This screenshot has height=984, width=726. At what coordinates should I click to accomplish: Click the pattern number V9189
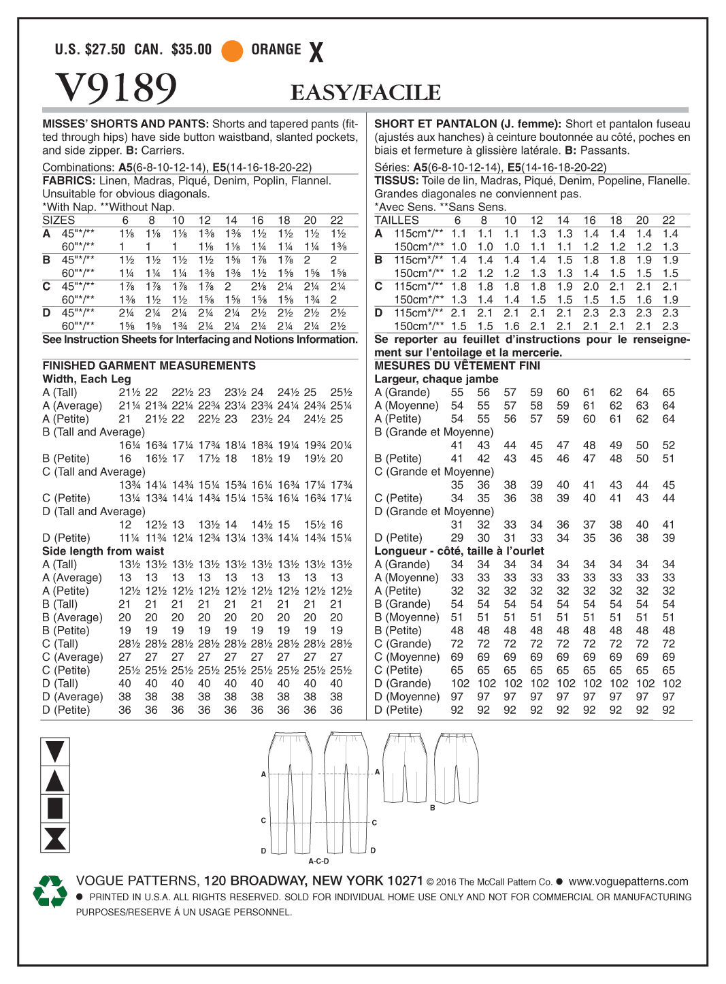(x=116, y=88)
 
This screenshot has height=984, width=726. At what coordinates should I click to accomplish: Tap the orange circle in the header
(x=232, y=50)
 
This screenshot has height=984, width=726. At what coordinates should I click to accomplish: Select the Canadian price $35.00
(x=191, y=49)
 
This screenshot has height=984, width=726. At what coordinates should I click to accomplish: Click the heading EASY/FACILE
(x=365, y=93)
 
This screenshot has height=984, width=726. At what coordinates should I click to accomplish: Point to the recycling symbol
(x=50, y=891)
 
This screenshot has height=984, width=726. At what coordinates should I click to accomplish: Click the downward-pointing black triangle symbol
(x=55, y=751)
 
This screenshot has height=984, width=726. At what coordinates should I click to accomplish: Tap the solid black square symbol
(x=55, y=808)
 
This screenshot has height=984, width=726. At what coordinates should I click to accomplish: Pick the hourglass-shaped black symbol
(x=55, y=838)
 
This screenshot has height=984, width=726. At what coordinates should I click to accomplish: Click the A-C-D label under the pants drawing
(x=318, y=861)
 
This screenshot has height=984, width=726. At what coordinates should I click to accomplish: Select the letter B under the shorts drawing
(x=432, y=808)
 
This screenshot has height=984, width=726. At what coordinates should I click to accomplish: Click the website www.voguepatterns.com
(x=628, y=881)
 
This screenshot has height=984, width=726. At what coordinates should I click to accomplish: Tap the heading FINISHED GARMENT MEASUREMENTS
(x=149, y=365)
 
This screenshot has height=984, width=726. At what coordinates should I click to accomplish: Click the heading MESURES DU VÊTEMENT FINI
(x=457, y=365)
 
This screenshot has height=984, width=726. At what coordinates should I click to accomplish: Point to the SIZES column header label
(x=59, y=220)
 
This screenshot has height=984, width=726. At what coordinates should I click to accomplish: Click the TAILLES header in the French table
(x=397, y=220)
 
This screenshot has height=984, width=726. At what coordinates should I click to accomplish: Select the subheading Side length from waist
(x=103, y=551)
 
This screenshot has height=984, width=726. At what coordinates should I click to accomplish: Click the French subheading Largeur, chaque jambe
(x=436, y=379)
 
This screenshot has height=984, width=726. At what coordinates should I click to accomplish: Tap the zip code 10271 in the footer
(x=405, y=881)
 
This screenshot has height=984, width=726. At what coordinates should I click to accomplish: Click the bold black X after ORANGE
(x=316, y=52)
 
